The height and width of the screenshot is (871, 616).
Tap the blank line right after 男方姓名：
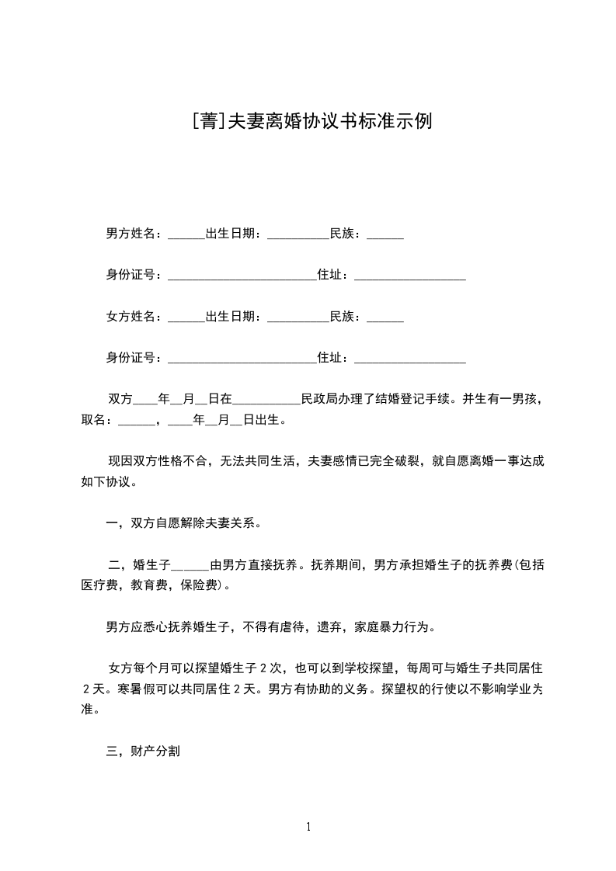pyautogui.click(x=186, y=235)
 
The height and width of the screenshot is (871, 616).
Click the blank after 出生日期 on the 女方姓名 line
pyautogui.click(x=298, y=318)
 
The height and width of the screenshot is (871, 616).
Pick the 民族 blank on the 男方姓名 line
pyautogui.click(x=385, y=235)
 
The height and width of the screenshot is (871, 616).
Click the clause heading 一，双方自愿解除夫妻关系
pyautogui.click(x=183, y=522)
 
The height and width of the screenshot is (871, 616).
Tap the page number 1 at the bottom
pyautogui.click(x=308, y=827)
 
